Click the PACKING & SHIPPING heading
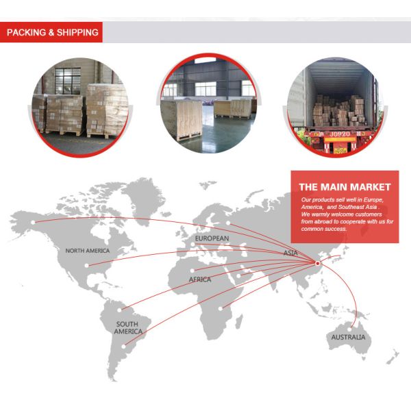(52, 32)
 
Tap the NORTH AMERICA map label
(88, 251)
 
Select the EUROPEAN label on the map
(212, 238)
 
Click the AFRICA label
(200, 279)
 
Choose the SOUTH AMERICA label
(128, 327)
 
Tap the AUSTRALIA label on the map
(348, 338)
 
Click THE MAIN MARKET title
(345, 186)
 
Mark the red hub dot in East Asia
(317, 263)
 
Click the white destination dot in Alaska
(32, 221)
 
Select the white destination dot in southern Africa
(221, 308)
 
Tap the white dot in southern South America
(124, 346)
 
